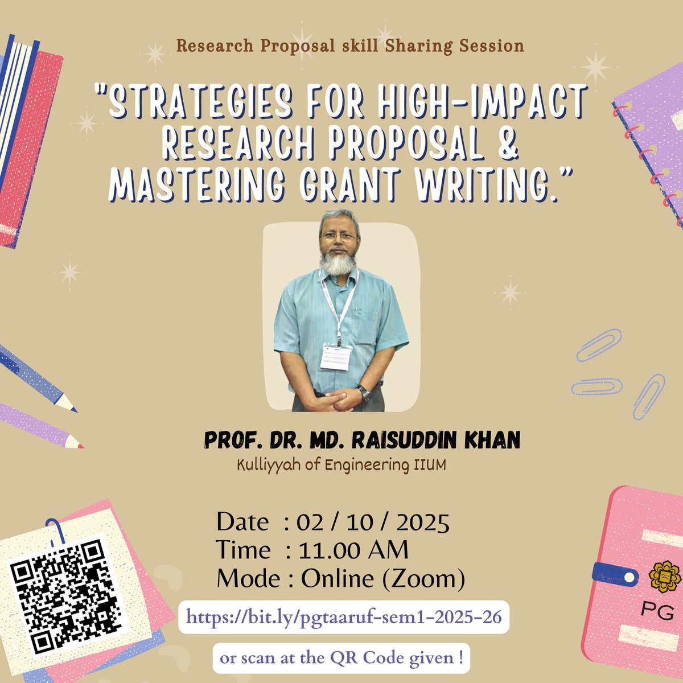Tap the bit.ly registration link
[x=344, y=617]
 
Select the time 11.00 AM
[x=353, y=550]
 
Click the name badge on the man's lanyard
[x=336, y=357]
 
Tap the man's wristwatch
[x=363, y=393]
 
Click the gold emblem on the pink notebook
[x=661, y=575]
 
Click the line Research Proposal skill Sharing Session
[x=349, y=46]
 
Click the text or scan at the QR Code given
[x=341, y=659]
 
